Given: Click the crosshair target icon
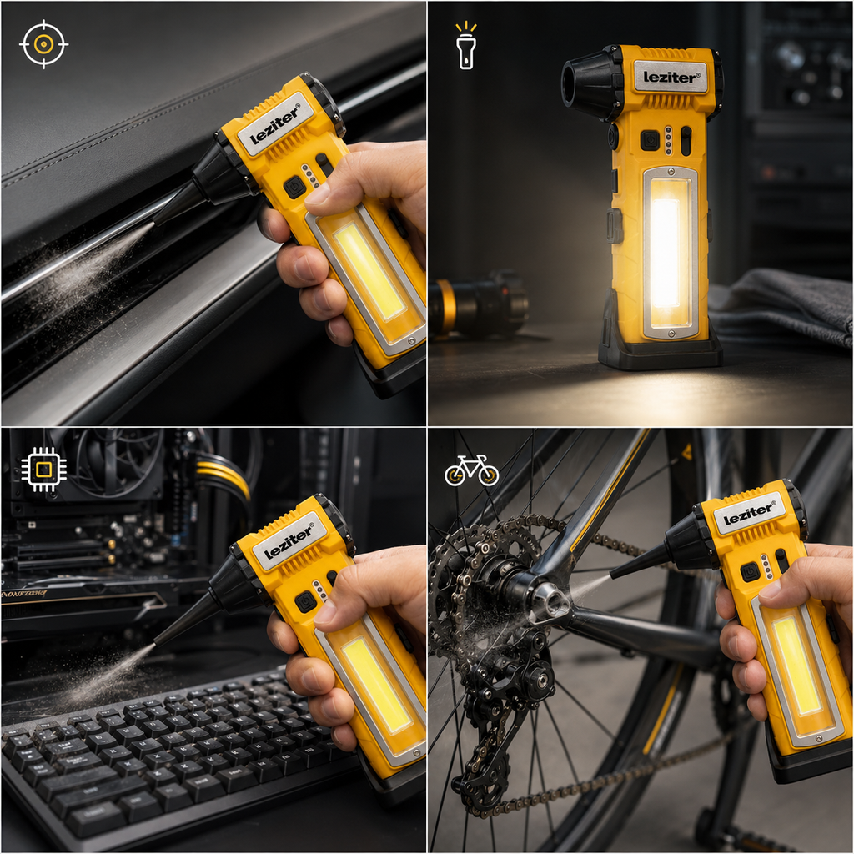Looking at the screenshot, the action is tap(43, 44).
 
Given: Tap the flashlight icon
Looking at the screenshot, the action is tap(466, 45).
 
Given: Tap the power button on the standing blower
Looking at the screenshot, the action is tap(649, 140).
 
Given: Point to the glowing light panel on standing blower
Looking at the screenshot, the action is tap(668, 252).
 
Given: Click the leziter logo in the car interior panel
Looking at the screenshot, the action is tap(276, 125).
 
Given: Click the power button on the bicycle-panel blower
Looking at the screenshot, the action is tap(750, 571).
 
